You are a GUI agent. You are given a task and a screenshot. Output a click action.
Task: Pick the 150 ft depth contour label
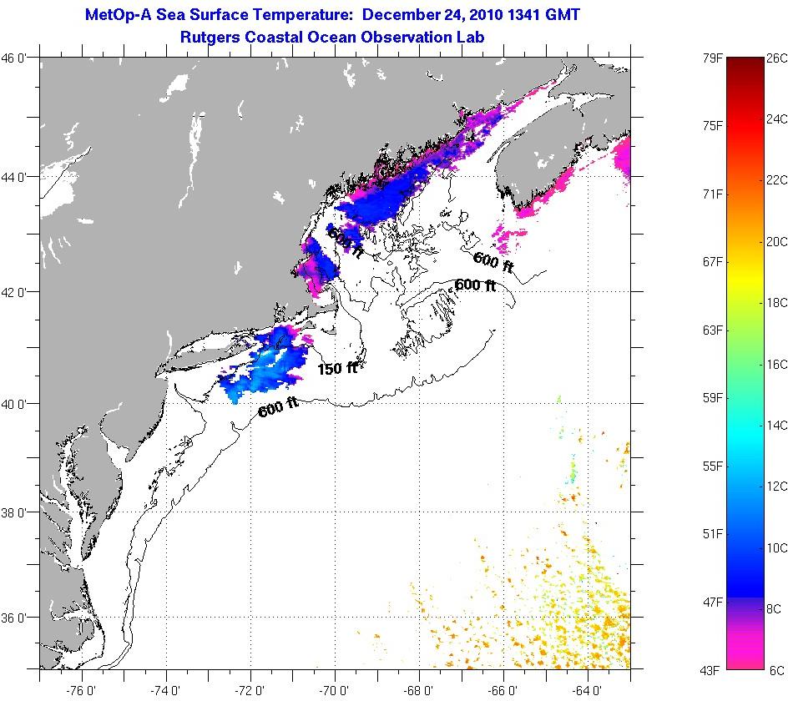tap(337, 368)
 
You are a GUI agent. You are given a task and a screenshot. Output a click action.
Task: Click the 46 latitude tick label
tap(18, 58)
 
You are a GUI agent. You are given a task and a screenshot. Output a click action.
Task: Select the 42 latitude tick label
tap(18, 292)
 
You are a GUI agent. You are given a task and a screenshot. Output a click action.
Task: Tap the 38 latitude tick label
tap(18, 512)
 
